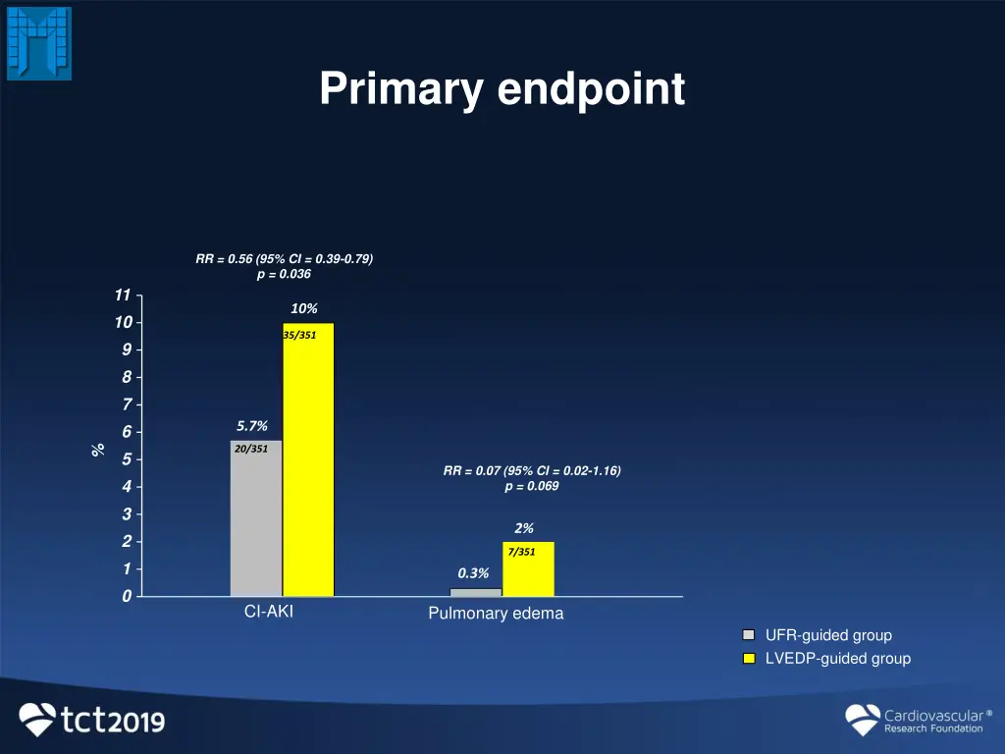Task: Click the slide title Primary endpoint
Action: [502, 90]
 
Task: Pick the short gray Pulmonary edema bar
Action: [475, 592]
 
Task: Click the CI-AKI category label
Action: [269, 612]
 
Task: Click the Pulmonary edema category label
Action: [496, 614]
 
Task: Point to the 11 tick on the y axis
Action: [122, 296]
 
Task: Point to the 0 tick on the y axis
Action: [127, 597]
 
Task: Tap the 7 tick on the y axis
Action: [127, 404]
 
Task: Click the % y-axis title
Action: [97, 449]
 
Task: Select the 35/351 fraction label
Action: [299, 336]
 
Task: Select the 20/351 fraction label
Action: [251, 449]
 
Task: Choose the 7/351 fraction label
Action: [522, 552]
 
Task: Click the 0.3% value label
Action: [473, 573]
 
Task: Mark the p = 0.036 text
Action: [283, 274]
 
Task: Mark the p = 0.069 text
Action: [531, 486]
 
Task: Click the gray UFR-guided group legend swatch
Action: [749, 635]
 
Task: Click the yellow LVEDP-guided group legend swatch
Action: [749, 659]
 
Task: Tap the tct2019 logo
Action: [92, 720]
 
